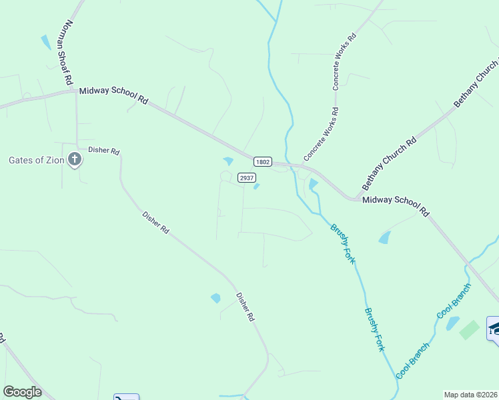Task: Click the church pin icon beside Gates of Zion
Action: [x=75, y=160]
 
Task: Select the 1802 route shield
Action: [x=262, y=162]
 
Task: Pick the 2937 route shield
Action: [x=246, y=178]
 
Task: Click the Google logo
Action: [x=22, y=392]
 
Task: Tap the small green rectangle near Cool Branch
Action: [x=470, y=329]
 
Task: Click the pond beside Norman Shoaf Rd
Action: [x=45, y=42]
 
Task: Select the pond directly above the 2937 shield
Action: [x=228, y=161]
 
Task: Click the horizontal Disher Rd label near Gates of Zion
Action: [x=103, y=151]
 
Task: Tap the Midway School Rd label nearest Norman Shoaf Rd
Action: [x=113, y=95]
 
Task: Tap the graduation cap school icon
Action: [x=494, y=328]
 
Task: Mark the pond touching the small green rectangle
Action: [x=453, y=323]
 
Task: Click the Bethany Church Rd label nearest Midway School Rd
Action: [x=390, y=161]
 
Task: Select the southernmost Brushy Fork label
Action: [x=375, y=329]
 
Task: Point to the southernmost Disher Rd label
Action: [x=245, y=307]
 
